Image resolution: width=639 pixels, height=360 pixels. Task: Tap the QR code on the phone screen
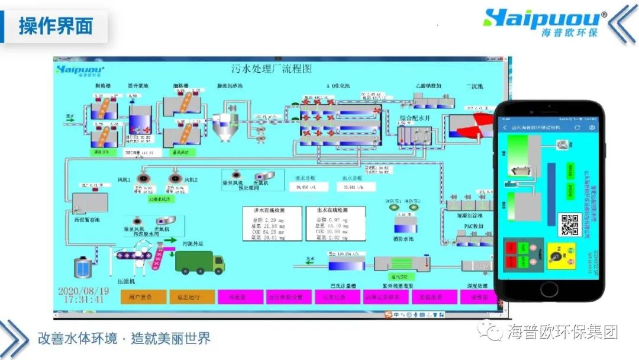569,224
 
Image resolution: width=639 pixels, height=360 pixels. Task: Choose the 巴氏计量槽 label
344,286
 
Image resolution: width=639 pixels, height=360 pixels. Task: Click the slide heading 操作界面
56,26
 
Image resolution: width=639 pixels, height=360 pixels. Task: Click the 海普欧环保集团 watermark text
562,332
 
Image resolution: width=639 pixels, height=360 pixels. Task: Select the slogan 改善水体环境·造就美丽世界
124,339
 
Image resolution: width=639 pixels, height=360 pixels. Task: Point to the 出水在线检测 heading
335,210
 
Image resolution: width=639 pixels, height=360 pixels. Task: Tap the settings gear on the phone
591,127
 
